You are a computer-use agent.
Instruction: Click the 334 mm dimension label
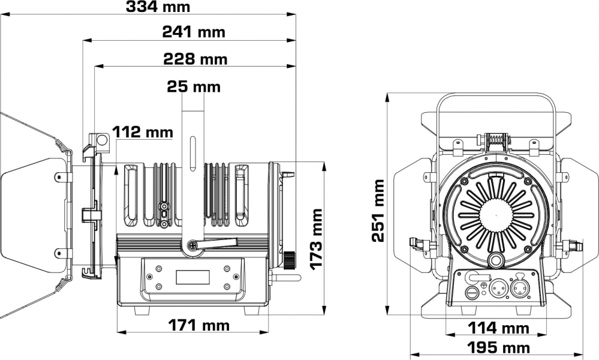point(158,7)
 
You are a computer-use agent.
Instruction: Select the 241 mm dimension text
point(194,32)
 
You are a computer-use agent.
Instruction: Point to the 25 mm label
point(194,86)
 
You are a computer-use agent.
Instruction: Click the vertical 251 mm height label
point(378,210)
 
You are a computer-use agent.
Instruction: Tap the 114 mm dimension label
point(498,328)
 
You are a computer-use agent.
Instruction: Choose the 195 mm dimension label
point(499,347)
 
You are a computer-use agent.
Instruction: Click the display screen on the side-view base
point(192,277)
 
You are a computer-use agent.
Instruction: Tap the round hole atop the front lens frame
point(103,142)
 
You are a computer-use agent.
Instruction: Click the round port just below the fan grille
point(496,259)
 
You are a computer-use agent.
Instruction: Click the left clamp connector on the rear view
point(417,244)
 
